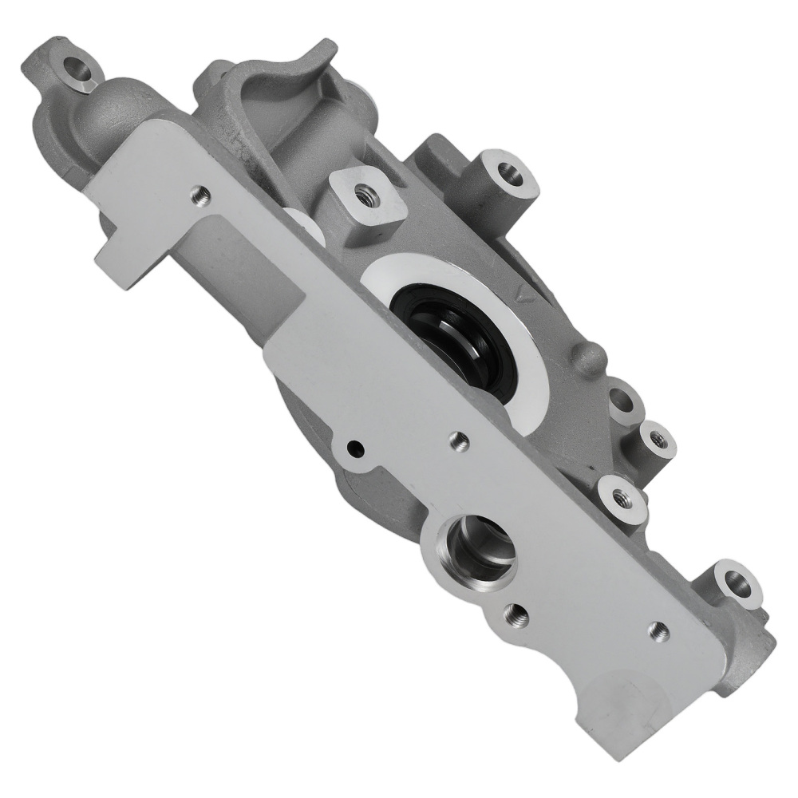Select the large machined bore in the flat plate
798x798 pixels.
pyautogui.click(x=476, y=550)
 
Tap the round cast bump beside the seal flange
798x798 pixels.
pyautogui.click(x=592, y=354)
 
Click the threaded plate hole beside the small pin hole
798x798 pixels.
pyautogui.click(x=456, y=437)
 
